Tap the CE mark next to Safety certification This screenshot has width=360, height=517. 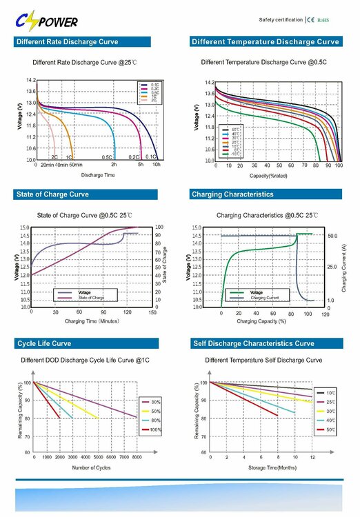pyautogui.click(x=310, y=20)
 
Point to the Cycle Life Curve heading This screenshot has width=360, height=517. pyautogui.click(x=43, y=343)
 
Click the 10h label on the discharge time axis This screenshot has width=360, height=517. pyautogui.click(x=157, y=165)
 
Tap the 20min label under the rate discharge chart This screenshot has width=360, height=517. pyautogui.click(x=47, y=165)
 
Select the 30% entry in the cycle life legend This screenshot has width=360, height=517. pyautogui.click(x=155, y=402)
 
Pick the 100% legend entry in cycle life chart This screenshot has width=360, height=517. pyautogui.click(x=155, y=429)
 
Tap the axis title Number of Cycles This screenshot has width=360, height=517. pyautogui.click(x=92, y=468)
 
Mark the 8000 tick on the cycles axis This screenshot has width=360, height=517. pyautogui.click(x=136, y=457)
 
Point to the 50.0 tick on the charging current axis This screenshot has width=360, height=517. pyautogui.click(x=332, y=236)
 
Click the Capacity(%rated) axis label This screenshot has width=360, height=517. pyautogui.click(x=271, y=176)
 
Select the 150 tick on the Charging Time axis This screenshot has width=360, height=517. pyautogui.click(x=152, y=312)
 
